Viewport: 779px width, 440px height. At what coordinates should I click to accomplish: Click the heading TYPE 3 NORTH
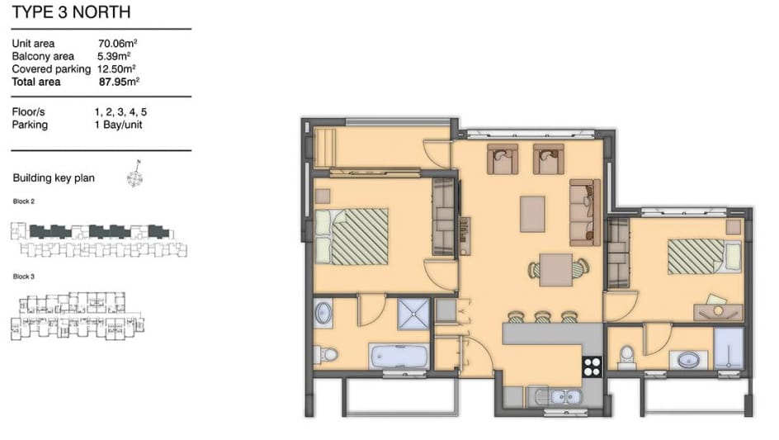[71, 12]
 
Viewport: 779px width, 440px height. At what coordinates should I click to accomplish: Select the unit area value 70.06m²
[117, 43]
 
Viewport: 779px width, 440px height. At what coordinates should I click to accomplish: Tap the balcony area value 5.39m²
[114, 56]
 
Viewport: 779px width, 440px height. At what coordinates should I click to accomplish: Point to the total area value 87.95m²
[119, 82]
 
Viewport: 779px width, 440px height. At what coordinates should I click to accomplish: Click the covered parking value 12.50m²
[116, 69]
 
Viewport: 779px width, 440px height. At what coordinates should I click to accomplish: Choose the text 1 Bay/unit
[118, 125]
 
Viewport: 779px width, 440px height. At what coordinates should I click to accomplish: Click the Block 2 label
[24, 201]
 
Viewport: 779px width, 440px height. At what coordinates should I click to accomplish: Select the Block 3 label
[24, 277]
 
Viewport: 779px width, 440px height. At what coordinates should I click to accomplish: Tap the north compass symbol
[135, 174]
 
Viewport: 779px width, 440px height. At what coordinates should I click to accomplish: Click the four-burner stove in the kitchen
[592, 367]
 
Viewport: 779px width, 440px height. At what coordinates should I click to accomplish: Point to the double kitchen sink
[559, 397]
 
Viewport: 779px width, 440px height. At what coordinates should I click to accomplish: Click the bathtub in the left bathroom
[399, 357]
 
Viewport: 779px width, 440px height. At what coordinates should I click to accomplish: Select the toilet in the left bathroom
[326, 355]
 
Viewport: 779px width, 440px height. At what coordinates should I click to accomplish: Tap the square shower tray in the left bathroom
[413, 314]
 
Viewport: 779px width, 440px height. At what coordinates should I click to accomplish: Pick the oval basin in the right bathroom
[688, 359]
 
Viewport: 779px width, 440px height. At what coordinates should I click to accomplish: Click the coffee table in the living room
[532, 214]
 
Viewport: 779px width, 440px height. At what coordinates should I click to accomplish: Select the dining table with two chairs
[556, 269]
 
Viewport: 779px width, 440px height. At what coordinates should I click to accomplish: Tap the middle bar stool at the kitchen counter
[541, 317]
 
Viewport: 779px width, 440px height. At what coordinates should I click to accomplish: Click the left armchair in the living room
[503, 159]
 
